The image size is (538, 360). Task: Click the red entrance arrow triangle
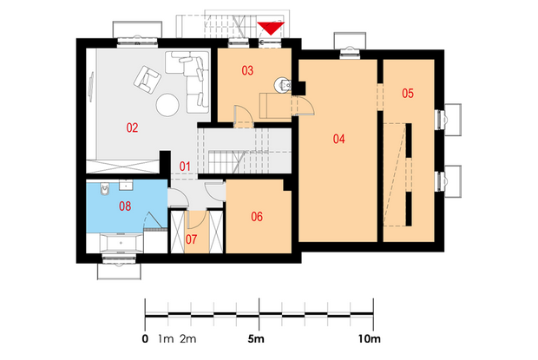coord(271,28)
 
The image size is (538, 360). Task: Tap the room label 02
coord(132,128)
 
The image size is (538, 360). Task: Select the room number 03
coord(247,70)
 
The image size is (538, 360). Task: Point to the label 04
coord(338,139)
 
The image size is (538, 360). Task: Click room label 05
coord(408,94)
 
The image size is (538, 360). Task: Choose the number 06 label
coord(257,217)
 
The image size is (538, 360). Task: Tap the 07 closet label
coord(191,239)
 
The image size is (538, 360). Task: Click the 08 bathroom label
coord(125,206)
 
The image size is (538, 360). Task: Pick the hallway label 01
coord(185,167)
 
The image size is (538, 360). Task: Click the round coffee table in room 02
coord(167,105)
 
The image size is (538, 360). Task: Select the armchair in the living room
coord(148,79)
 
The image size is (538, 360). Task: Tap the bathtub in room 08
coord(121,243)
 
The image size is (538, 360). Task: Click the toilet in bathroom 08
coord(105,188)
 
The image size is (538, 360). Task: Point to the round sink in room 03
coord(282,84)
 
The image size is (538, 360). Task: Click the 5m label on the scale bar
coord(256,339)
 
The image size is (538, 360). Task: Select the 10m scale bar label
coord(370,339)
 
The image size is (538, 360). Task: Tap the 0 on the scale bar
coord(145,339)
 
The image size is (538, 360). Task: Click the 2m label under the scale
coord(188,339)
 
